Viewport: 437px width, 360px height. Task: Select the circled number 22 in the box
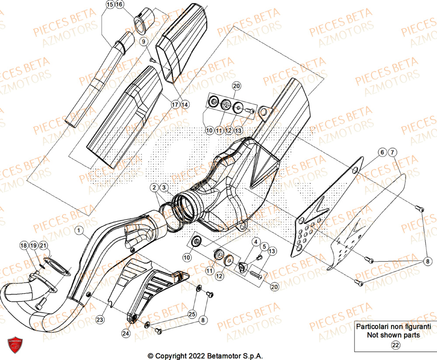point(395,345)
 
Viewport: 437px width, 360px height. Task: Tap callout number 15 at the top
point(109,4)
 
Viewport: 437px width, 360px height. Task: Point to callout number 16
point(119,4)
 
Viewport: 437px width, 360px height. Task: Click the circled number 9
point(142,41)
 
